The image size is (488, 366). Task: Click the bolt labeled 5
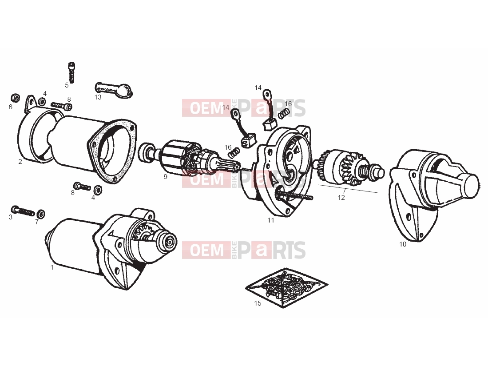[x=71, y=72]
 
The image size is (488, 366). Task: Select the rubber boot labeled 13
[x=114, y=90]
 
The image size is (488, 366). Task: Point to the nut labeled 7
[x=40, y=214]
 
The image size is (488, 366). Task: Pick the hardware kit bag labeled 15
[x=287, y=288]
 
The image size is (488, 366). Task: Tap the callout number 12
[x=341, y=197]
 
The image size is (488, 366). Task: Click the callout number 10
[x=403, y=244]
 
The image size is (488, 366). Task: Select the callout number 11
[x=271, y=220]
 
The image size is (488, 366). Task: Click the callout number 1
[x=52, y=267]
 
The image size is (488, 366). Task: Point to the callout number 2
[x=20, y=162]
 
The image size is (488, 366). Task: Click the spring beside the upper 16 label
[x=282, y=114]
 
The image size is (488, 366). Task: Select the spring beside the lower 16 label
[x=234, y=152]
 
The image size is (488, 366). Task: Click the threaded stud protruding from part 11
[x=294, y=195]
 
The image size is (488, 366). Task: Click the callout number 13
[x=98, y=97]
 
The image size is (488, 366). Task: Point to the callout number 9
[x=166, y=176]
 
